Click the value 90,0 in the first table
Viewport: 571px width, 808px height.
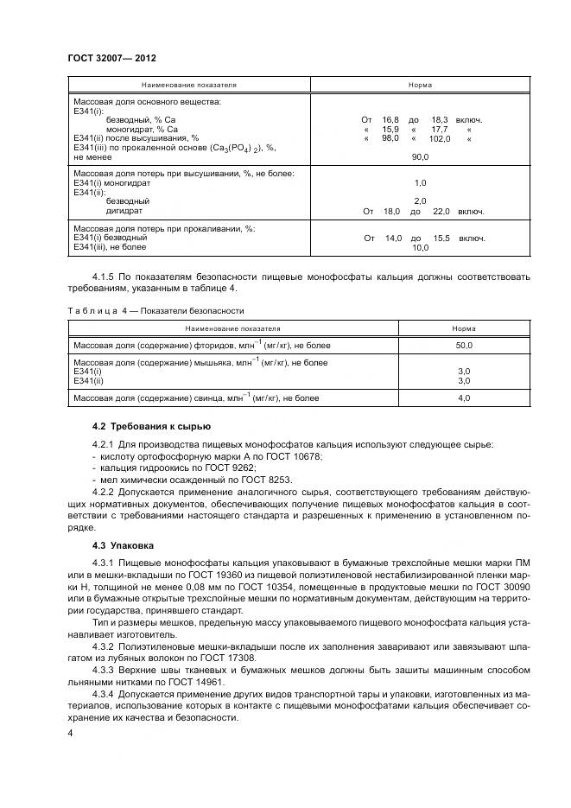420,157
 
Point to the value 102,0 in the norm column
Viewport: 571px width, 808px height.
440,138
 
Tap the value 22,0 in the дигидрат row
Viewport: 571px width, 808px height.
441,211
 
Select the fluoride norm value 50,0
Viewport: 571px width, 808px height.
463,345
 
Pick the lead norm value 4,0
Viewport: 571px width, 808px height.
463,398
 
